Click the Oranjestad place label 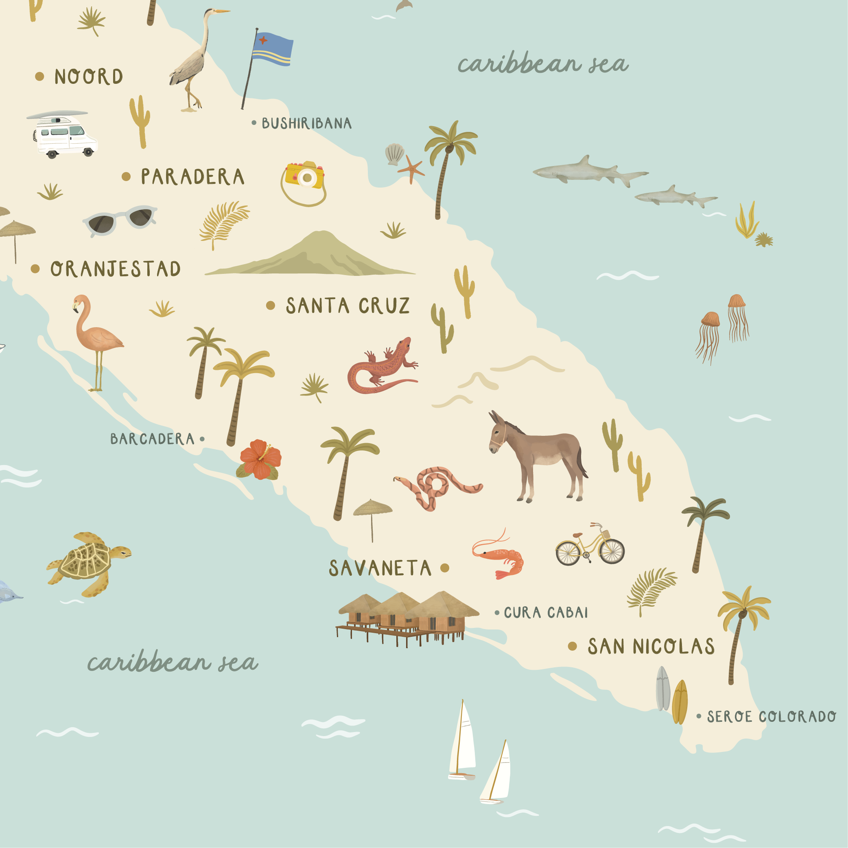(x=115, y=269)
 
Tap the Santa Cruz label (x=347, y=306)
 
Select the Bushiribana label (x=306, y=123)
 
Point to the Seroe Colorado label (x=771, y=717)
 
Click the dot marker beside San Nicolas (x=573, y=646)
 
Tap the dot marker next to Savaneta (x=445, y=568)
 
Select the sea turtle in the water (x=88, y=563)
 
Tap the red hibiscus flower (x=260, y=459)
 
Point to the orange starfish (x=411, y=168)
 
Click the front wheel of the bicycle (x=612, y=551)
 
